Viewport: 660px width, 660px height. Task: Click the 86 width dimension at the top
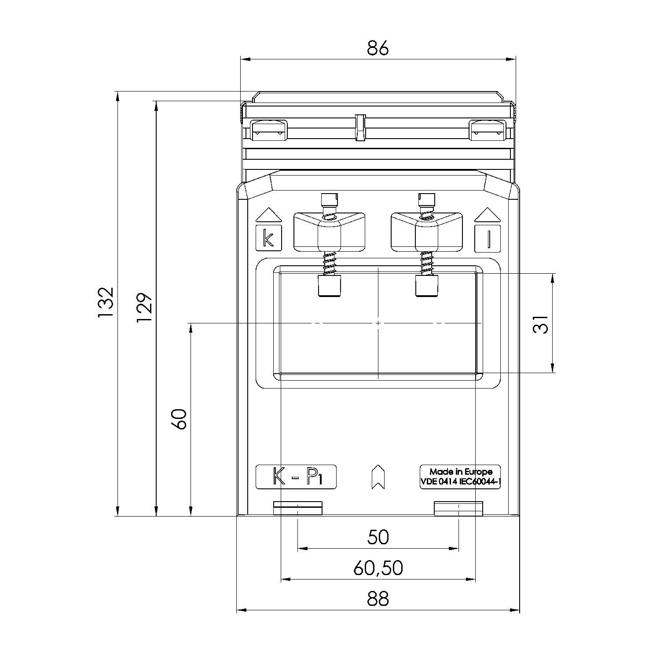click(x=378, y=48)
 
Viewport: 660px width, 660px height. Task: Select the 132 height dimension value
click(x=106, y=303)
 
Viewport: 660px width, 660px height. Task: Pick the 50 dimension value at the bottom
click(x=378, y=537)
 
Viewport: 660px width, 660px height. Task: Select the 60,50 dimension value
click(x=378, y=568)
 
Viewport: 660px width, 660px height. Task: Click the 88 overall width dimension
click(x=378, y=599)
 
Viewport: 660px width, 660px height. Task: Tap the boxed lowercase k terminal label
click(x=268, y=238)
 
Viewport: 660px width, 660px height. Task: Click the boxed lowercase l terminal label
click(x=488, y=238)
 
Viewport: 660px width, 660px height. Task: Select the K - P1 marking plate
click(x=296, y=477)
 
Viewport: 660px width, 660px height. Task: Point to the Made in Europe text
click(x=461, y=472)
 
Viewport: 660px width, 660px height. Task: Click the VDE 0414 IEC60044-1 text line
click(x=461, y=481)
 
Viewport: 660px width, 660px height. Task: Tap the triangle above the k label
click(x=268, y=215)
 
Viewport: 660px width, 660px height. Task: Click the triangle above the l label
click(x=488, y=215)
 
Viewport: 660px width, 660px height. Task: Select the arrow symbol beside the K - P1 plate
click(x=378, y=477)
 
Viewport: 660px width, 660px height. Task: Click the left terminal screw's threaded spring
click(x=329, y=264)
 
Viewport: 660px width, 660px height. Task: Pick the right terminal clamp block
click(x=426, y=232)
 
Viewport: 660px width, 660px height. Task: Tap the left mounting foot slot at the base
click(x=298, y=508)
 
